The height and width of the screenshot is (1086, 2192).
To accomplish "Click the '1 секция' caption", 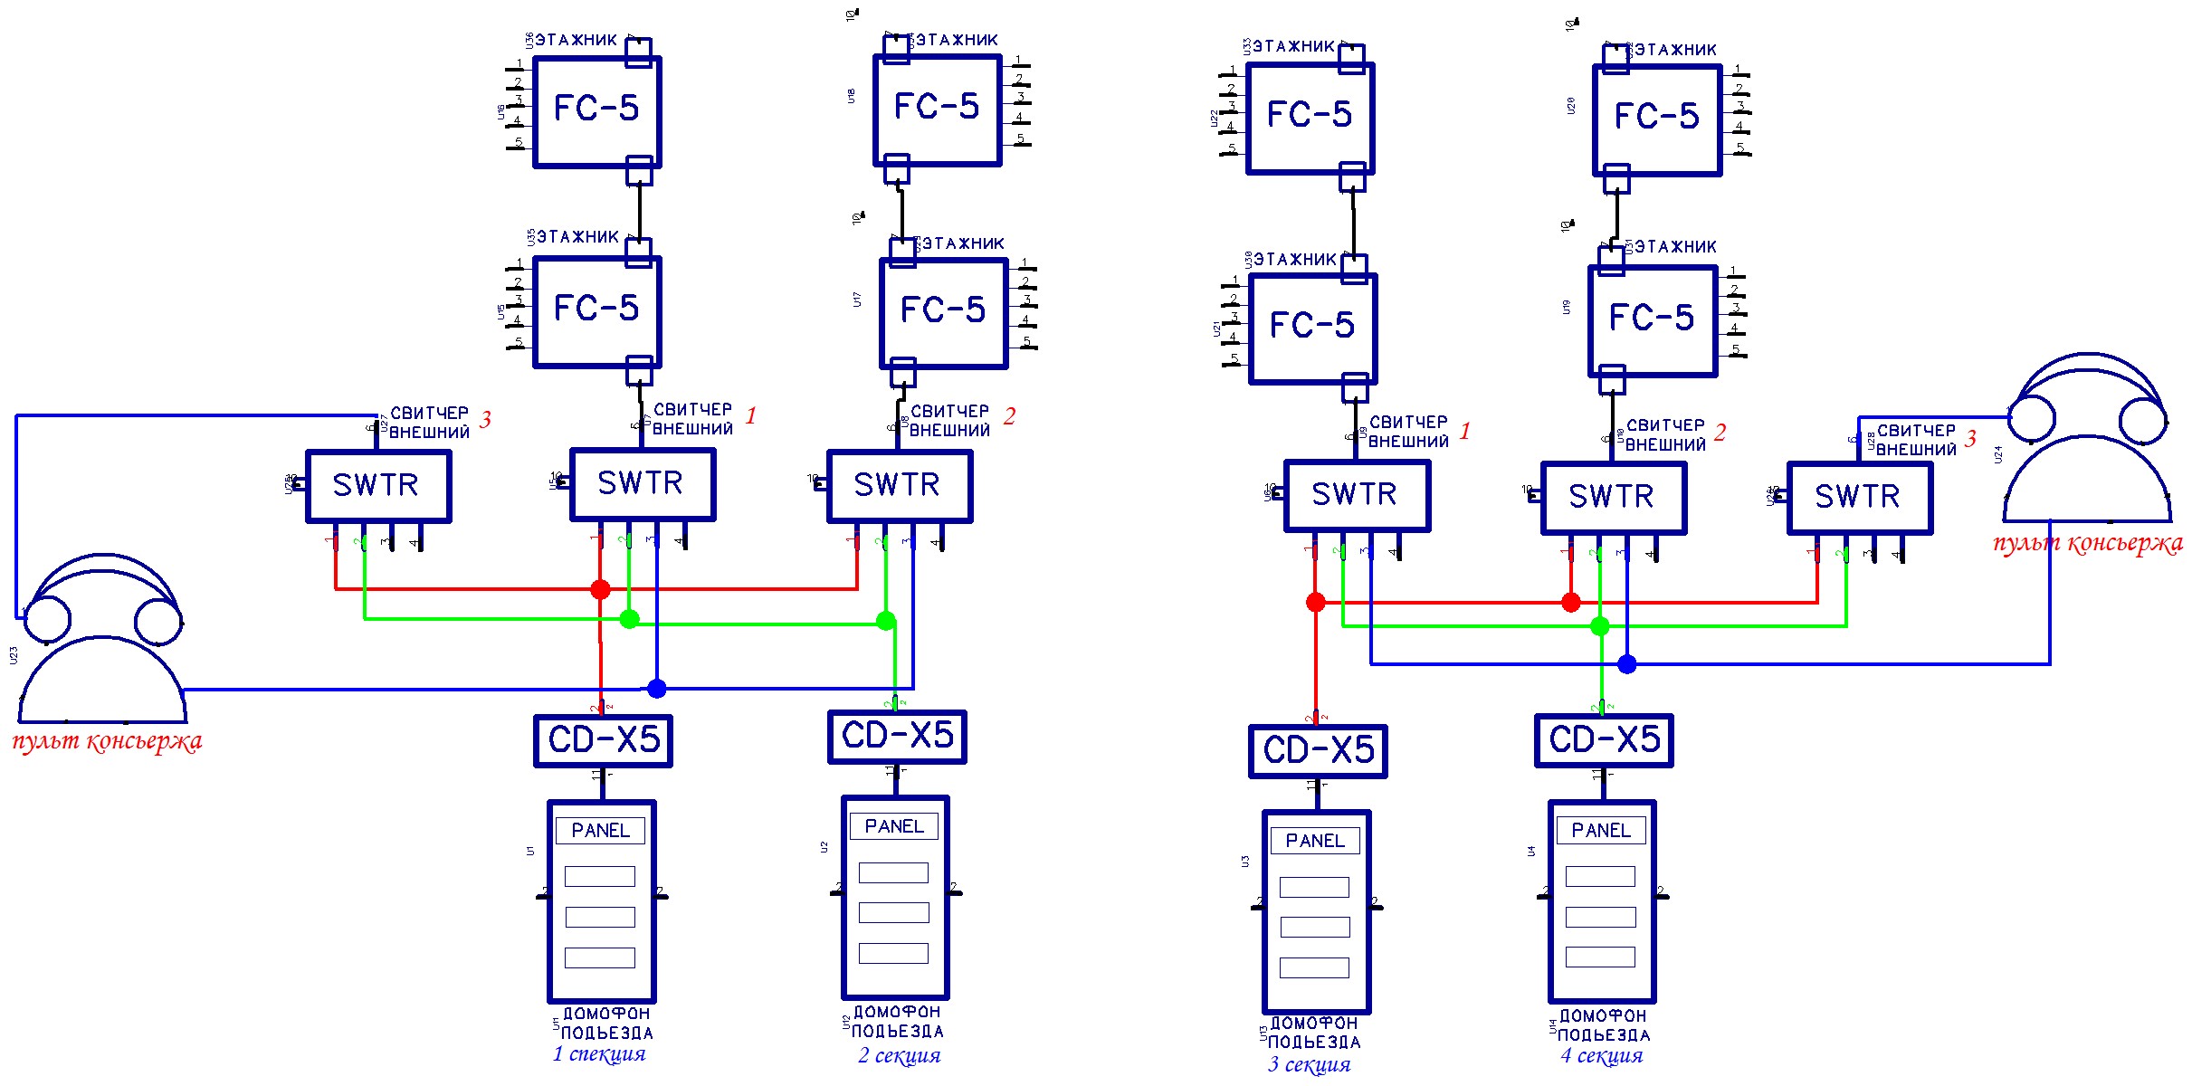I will click(x=599, y=1053).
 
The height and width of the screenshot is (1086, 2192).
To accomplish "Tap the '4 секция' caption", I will click(x=1601, y=1055).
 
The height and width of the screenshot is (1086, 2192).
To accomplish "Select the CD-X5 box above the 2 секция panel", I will click(x=897, y=736).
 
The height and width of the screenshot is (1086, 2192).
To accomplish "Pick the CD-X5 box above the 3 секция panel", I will click(x=1318, y=750).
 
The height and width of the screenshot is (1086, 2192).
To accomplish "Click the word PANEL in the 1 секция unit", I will click(x=600, y=830).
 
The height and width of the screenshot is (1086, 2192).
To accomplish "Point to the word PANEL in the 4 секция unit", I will click(x=1600, y=830).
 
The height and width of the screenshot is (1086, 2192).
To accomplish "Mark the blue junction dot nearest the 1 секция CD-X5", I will click(x=657, y=689).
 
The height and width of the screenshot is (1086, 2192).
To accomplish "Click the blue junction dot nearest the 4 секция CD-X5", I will click(x=1627, y=664).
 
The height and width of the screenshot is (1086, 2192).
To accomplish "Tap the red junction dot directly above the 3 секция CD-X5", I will click(x=1316, y=602).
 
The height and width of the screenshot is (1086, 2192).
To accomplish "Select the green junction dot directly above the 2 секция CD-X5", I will click(x=886, y=621).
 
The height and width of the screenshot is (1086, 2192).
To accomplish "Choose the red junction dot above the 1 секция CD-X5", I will click(x=600, y=590).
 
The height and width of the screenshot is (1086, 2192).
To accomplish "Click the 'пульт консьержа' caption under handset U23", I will click(x=107, y=741).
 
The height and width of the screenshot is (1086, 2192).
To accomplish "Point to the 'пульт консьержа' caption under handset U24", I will click(x=2087, y=543).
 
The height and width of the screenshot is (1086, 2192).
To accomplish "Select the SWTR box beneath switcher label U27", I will click(x=377, y=485).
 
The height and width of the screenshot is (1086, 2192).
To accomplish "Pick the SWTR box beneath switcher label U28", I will click(x=1859, y=497).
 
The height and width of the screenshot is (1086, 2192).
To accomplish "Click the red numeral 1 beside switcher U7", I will click(x=750, y=415).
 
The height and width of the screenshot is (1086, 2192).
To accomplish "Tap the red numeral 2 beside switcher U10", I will click(x=1720, y=432).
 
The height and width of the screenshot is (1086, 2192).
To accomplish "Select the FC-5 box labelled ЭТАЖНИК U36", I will click(x=596, y=111).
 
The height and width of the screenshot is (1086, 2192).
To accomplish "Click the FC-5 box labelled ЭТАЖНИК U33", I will click(x=1310, y=117).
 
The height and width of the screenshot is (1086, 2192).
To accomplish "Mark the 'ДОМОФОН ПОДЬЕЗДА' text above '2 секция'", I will click(x=897, y=1021).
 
